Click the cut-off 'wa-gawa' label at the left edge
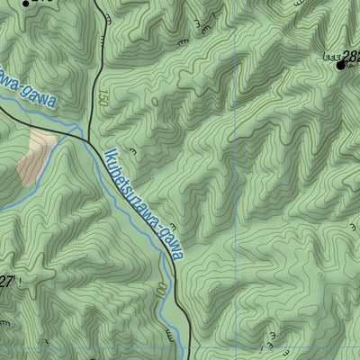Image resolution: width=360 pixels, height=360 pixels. (27, 87)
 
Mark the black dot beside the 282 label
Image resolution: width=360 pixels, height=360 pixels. (340, 65)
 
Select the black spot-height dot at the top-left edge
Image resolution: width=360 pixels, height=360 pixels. (25, 2)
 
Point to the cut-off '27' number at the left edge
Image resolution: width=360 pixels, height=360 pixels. (6, 282)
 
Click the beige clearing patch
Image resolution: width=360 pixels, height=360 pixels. (36, 153)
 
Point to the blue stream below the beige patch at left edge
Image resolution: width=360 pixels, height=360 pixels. (7, 209)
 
